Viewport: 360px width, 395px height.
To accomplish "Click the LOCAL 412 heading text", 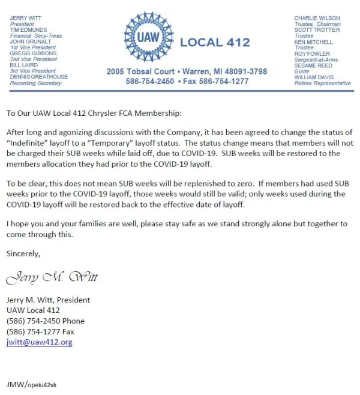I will (215, 43).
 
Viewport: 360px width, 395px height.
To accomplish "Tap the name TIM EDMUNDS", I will (27, 30).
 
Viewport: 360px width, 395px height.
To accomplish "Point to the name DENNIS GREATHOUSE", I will (39, 77).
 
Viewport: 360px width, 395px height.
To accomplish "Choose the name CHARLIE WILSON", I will (317, 19).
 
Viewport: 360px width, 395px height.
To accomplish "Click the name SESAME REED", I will (313, 65).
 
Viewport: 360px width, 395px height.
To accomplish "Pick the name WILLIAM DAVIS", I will (314, 77).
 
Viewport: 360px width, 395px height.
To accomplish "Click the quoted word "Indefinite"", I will (29, 142).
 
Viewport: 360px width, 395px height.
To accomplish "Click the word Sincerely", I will (23, 253).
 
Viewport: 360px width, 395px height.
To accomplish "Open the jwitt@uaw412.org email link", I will (39, 342).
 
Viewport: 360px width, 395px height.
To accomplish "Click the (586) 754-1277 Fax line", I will (40, 331).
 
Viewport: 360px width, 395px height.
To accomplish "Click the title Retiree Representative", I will (322, 83).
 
